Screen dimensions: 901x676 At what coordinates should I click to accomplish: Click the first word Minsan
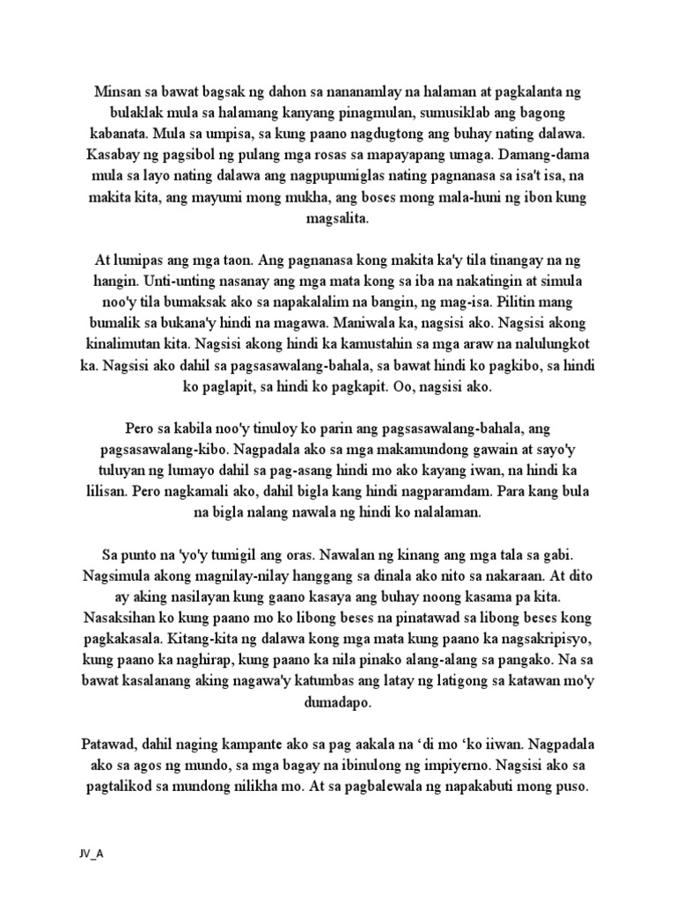pyautogui.click(x=118, y=92)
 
